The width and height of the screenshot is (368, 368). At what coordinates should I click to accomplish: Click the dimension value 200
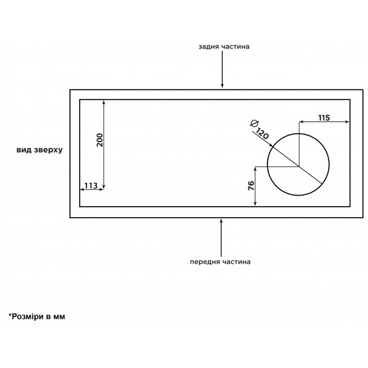tap(100, 140)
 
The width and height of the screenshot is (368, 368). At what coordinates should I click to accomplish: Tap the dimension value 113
tap(91, 186)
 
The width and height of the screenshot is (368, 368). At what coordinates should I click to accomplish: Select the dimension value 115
tap(324, 118)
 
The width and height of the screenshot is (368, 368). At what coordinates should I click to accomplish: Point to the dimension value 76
tap(251, 186)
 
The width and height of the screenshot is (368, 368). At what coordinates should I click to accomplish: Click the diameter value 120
tap(262, 134)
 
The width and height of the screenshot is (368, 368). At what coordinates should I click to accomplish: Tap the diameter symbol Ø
tap(255, 123)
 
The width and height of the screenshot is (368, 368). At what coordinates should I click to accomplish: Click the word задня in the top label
tap(208, 47)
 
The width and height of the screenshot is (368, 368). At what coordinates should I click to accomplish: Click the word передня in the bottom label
tap(205, 262)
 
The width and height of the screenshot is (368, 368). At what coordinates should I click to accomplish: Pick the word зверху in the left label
tap(48, 150)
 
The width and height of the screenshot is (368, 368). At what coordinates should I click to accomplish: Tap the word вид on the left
tap(24, 150)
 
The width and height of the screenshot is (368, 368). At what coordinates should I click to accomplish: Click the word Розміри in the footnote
tap(28, 316)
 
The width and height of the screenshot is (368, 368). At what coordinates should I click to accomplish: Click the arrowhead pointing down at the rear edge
tap(222, 86)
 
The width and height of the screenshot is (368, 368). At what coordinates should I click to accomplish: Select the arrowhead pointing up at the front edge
tap(221, 221)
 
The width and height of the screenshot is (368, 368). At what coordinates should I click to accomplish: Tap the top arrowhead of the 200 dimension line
tap(104, 102)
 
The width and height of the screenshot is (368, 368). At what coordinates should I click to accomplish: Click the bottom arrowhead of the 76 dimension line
tap(255, 203)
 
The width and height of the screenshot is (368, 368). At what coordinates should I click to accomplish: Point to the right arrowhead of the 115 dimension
tap(347, 121)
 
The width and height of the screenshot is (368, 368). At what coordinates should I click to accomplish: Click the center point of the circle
tap(299, 166)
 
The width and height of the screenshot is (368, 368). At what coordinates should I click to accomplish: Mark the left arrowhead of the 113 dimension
tap(83, 190)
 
